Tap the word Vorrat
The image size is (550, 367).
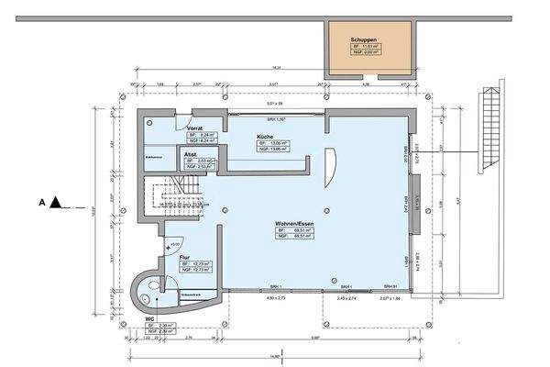(x=194, y=128)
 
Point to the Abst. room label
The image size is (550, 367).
(x=190, y=154)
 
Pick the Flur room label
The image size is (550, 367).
(x=184, y=258)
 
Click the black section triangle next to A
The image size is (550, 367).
(x=56, y=201)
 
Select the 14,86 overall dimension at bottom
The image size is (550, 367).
(x=275, y=356)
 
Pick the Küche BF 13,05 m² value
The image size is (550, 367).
(x=271, y=143)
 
